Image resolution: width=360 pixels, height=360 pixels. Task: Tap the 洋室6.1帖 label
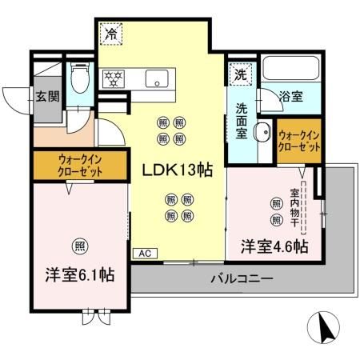(78, 274)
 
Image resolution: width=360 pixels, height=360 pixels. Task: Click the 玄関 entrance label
(46, 98)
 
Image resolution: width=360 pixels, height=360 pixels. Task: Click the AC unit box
(145, 254)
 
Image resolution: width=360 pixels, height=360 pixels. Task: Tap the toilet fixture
(79, 80)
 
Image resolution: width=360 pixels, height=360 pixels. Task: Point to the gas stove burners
(114, 78)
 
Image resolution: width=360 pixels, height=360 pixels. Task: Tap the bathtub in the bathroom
(291, 71)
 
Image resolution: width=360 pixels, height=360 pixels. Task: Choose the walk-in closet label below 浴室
(299, 141)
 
